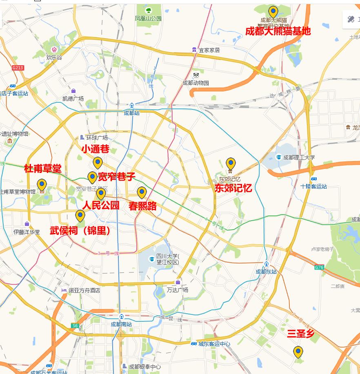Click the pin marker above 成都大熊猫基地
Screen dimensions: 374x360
pos(273,11)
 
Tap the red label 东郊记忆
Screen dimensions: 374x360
pos(233,188)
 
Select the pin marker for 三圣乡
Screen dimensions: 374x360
pos(298,352)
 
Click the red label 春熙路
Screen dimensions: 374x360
pos(142,206)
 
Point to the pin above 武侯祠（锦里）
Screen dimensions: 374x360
pos(80,215)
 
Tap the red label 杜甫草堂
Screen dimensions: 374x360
pos(43,168)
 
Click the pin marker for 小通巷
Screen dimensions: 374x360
pos(97,162)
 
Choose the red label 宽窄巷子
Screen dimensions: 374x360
pos(116,177)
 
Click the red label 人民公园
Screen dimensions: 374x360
pos(101,205)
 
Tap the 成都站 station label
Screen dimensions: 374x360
pos(131,113)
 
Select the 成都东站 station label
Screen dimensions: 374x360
pos(266,272)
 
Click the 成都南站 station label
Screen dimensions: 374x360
pos(121,324)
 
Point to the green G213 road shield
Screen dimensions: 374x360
pos(18,68)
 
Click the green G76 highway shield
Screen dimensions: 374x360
pos(319,268)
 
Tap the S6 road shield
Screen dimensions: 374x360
pos(75,325)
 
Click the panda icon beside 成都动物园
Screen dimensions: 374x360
pos(196,75)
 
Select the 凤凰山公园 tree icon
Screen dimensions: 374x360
pos(148,10)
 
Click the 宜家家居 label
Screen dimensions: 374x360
pos(209,50)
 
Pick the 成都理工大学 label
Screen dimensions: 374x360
pos(299,157)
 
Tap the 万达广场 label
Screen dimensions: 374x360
pos(178,290)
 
